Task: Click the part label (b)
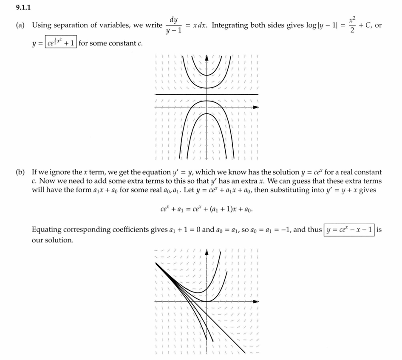[x=20, y=172]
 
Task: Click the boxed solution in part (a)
[x=61, y=43]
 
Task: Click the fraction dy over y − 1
[x=173, y=25]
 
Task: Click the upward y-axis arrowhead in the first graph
[x=207, y=58]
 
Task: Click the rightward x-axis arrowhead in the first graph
[x=256, y=107]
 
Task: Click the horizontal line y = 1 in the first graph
[x=238, y=94]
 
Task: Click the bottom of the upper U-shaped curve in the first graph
[x=207, y=75]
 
